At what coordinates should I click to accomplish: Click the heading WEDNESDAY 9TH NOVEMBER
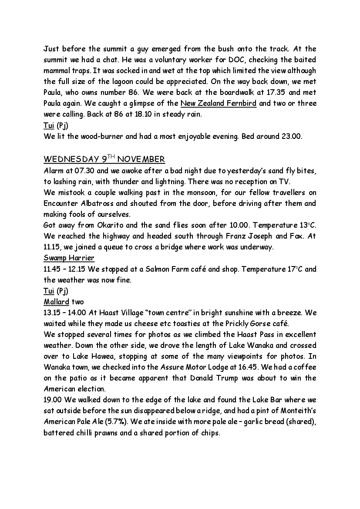(x=104, y=158)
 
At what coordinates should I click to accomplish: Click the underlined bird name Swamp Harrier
(x=69, y=258)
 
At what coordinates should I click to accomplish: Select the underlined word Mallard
(x=56, y=301)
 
